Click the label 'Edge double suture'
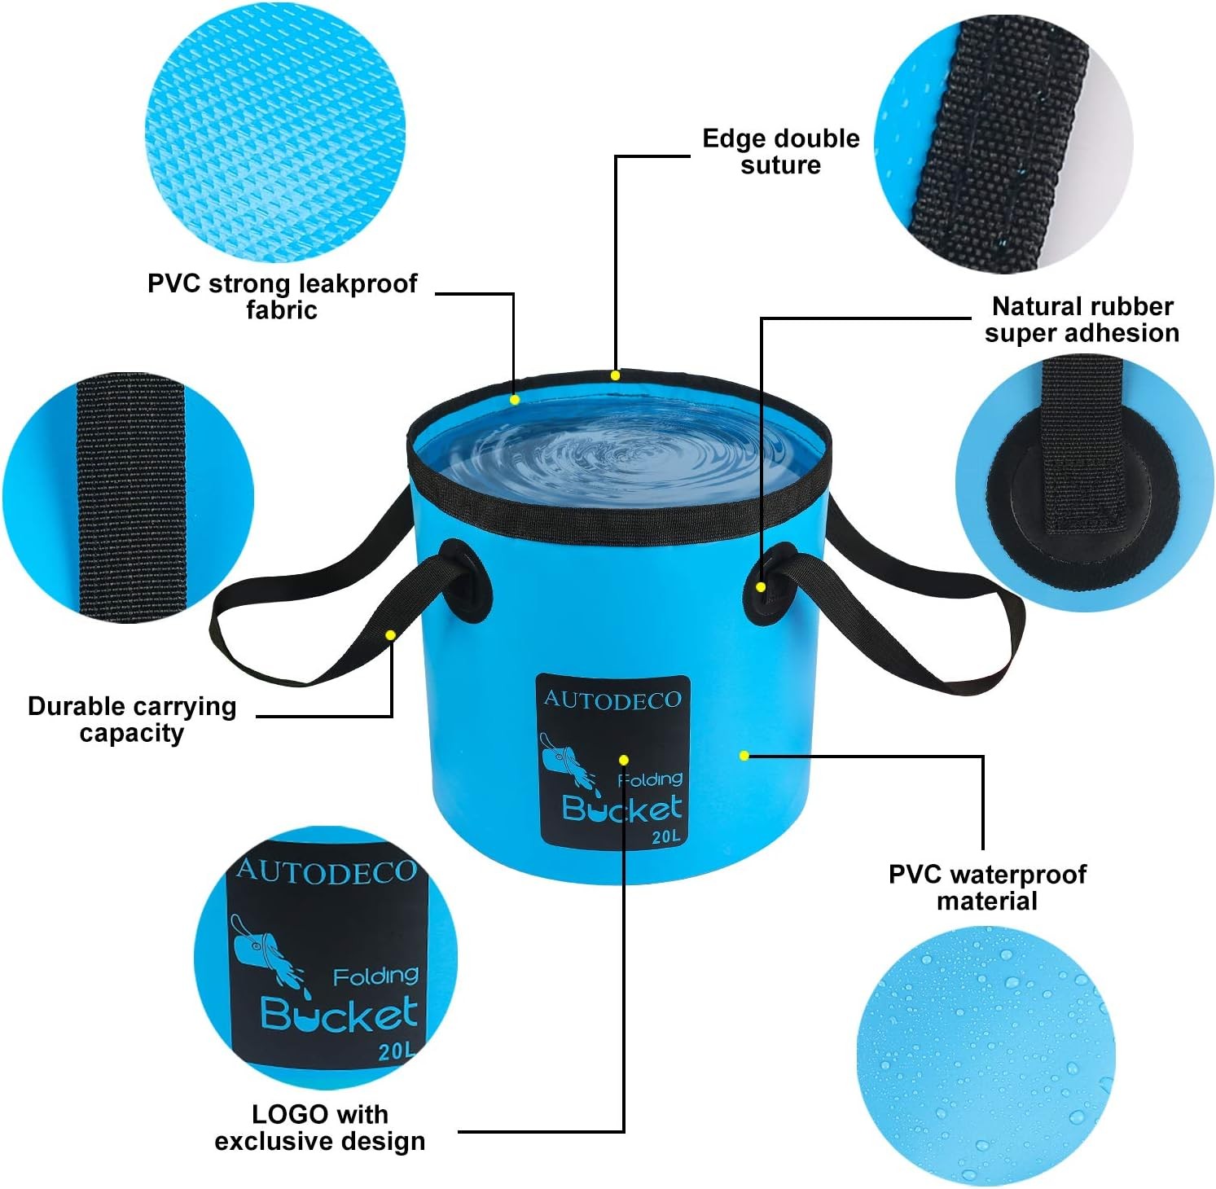pos(780,151)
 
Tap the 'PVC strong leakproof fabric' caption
pos(282,296)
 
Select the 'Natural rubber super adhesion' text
pos(1082,319)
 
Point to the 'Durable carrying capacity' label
pos(132,719)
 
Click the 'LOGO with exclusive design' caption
pos(319,1127)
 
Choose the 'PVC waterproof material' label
pos(987,887)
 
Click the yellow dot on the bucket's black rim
pos(615,375)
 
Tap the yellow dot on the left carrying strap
pos(391,634)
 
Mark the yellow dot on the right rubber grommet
pos(760,586)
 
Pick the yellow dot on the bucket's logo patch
pos(623,760)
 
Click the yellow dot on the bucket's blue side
pos(744,756)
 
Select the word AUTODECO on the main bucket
pos(612,700)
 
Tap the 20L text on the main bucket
pos(665,836)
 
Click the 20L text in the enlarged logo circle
pos(397,1051)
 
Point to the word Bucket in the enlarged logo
pos(339,1014)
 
